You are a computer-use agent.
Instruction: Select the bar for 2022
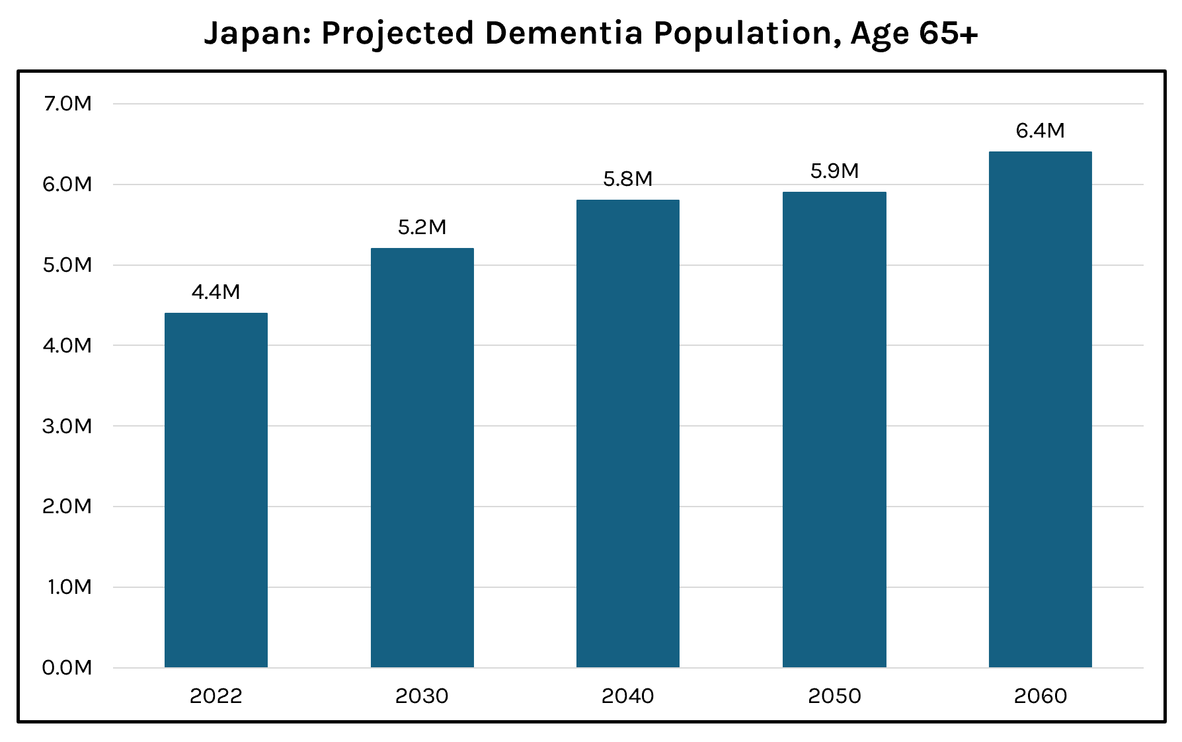pos(216,490)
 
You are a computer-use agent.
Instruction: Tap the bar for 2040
pos(628,433)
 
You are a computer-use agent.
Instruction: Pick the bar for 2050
pos(834,429)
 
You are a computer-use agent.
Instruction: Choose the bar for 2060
pos(1040,409)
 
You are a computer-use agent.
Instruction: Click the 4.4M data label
pos(216,292)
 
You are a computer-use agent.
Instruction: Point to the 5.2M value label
pos(422,227)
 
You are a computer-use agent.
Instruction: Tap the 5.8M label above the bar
pos(628,179)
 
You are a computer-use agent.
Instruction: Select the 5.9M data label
pos(834,171)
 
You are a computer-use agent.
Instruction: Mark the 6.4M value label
pos(1040,131)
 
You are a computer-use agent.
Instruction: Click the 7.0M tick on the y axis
pos(67,104)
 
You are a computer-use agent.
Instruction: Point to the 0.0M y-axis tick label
pos(67,668)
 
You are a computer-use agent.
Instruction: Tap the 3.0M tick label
pos(67,427)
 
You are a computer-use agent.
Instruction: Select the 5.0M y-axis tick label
pos(67,265)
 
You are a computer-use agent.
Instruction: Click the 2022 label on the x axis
pos(216,696)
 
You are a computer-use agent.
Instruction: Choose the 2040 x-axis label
pos(628,696)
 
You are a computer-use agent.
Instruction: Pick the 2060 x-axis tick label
pos(1040,696)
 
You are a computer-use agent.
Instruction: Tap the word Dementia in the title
pos(563,34)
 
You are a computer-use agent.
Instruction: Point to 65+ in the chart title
pos(947,34)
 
